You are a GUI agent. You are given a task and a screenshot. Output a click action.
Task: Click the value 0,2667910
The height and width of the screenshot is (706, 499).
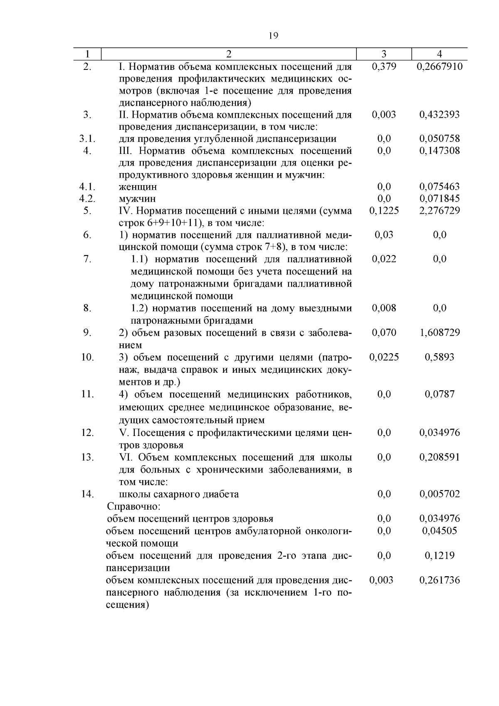pyautogui.click(x=440, y=67)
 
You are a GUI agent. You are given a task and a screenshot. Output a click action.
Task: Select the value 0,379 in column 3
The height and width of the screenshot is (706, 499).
pyautogui.click(x=384, y=67)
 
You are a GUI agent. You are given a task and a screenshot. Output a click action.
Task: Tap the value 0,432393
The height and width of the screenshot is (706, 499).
pyautogui.click(x=440, y=114)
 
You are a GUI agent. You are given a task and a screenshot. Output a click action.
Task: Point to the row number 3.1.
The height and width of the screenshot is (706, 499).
pyautogui.click(x=87, y=139)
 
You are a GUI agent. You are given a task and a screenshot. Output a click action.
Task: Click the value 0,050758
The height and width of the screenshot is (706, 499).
pyautogui.click(x=440, y=139)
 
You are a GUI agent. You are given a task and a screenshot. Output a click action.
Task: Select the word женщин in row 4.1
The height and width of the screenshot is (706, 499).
pyautogui.click(x=138, y=187)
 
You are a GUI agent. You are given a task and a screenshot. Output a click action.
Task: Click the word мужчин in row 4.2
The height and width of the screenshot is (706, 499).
pyautogui.click(x=138, y=198)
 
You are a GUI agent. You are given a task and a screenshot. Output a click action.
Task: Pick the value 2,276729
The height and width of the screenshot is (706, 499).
pyautogui.click(x=440, y=211)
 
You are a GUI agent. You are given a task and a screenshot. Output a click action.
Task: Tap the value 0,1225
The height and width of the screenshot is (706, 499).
pyautogui.click(x=384, y=211)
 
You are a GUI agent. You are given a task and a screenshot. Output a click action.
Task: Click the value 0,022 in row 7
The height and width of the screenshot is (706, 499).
pyautogui.click(x=384, y=259)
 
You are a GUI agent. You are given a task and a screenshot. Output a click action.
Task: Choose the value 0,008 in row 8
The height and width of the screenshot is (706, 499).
pyautogui.click(x=384, y=308)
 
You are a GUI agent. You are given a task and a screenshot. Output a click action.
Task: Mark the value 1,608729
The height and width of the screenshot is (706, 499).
pyautogui.click(x=440, y=332)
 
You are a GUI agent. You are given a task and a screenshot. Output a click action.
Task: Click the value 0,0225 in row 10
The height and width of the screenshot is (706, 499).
pyautogui.click(x=384, y=357)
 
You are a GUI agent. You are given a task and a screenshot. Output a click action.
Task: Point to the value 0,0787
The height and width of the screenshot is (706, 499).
pyautogui.click(x=440, y=394)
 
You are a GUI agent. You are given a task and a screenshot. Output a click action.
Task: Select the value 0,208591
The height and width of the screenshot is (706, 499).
pyautogui.click(x=440, y=457)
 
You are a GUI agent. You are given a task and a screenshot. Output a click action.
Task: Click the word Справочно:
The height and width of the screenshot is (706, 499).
pyautogui.click(x=134, y=506)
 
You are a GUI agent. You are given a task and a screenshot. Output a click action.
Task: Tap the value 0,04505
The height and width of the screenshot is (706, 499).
pyautogui.click(x=440, y=530)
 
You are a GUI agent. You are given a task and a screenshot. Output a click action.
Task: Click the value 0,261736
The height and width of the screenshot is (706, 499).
pyautogui.click(x=440, y=580)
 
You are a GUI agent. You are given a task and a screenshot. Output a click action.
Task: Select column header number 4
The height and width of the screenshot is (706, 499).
pyautogui.click(x=440, y=54)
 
